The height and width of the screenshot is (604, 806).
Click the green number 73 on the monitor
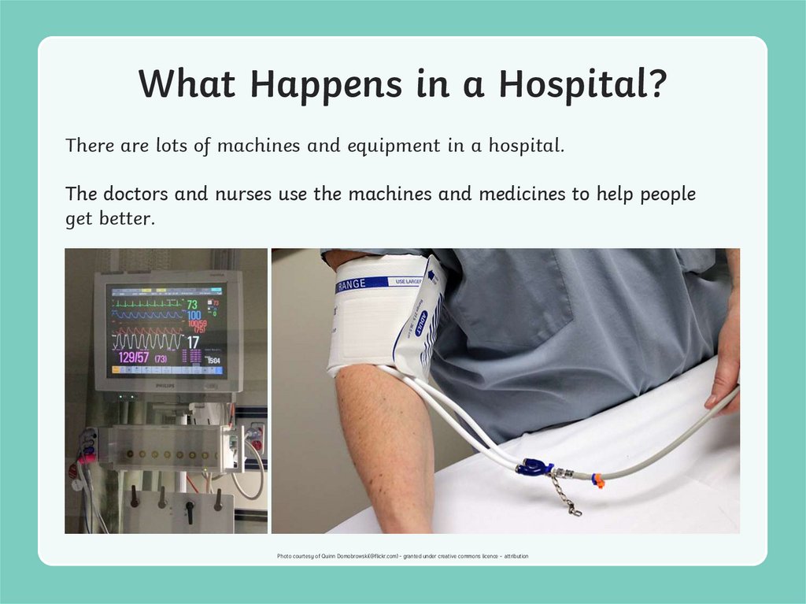192,304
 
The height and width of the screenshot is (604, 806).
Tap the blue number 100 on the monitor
194,316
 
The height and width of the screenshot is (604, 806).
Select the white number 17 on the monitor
193,342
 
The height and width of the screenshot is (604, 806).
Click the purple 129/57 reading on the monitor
133,358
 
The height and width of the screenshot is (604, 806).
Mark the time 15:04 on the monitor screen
213,360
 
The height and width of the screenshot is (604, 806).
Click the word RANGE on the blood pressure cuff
351,284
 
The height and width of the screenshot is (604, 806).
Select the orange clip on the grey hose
598,480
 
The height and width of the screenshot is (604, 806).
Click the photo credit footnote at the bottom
402,556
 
